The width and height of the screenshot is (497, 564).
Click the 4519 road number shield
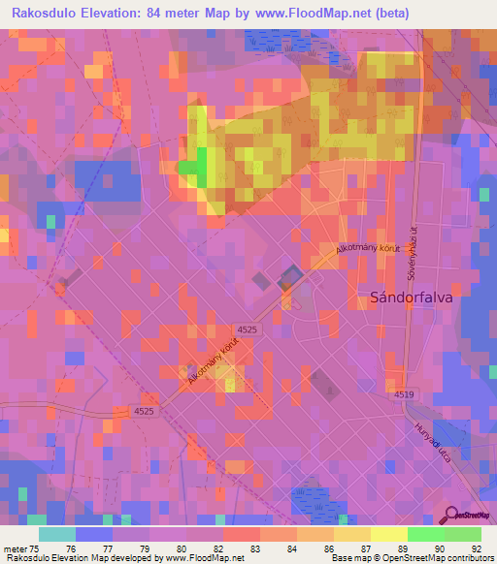404,395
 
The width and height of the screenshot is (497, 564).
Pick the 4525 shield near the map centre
247,329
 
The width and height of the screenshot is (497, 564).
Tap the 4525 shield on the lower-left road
144,412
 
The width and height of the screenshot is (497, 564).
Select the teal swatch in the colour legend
57,534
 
